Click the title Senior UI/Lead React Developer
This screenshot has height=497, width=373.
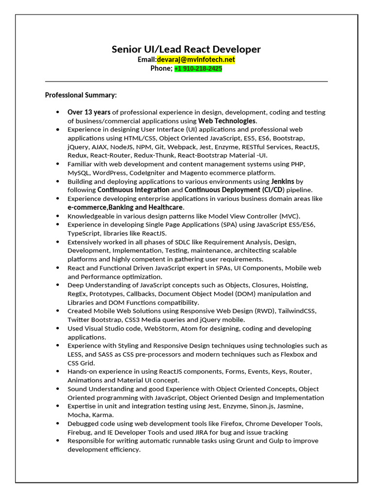(x=186, y=49)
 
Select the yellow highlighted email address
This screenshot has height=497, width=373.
(x=196, y=59)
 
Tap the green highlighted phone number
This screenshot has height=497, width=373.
(x=198, y=68)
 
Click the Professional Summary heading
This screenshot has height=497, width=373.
(x=81, y=95)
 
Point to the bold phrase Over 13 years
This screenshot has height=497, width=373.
(x=89, y=112)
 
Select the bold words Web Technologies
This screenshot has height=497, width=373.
(x=227, y=121)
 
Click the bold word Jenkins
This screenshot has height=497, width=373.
(x=282, y=181)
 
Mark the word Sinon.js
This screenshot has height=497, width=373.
(x=272, y=406)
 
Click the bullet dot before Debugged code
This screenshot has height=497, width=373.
(x=58, y=424)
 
